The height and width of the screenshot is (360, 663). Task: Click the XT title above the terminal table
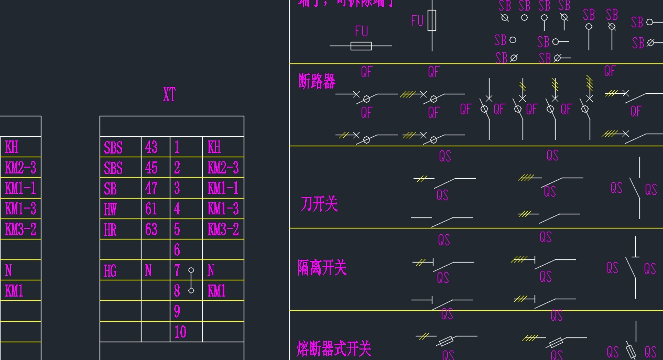pos(169,95)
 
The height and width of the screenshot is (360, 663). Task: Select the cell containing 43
pos(151,147)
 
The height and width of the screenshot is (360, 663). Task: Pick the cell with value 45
pos(151,168)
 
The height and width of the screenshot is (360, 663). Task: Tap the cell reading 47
pos(151,188)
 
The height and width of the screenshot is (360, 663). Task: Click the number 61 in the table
pos(151,209)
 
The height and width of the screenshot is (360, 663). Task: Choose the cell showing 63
pos(151,230)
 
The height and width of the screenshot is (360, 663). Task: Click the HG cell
pos(110,271)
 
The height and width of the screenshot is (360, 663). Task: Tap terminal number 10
pos(180,332)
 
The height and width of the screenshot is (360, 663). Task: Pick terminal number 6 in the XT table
pos(177,250)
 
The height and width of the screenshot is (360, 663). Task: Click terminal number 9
pos(177,312)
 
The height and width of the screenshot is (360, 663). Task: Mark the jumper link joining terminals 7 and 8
pos(191,280)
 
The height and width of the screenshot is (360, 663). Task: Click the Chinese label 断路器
pos(317,81)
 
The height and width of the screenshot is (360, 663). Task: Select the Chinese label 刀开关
pos(319,204)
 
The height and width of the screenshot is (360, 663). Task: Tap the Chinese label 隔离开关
pos(322,268)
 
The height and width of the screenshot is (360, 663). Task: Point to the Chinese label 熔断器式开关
pos(333,348)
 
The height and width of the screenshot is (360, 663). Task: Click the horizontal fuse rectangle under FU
pos(361,46)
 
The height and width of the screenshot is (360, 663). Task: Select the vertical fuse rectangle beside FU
pos(431,21)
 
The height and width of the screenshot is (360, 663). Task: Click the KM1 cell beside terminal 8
pos(217,291)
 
